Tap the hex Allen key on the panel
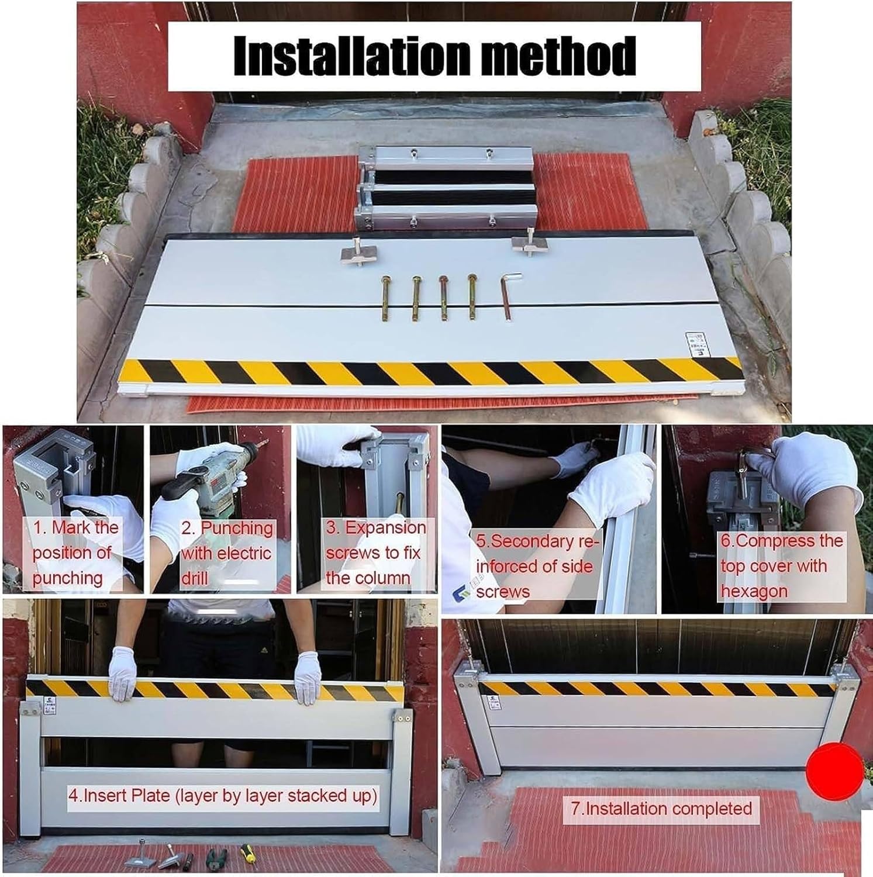pos(509,297)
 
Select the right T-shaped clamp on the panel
pos(528,246)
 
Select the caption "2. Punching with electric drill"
pos(227,553)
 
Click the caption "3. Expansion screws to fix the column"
pos(374,553)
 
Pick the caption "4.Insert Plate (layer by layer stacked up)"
pos(222,796)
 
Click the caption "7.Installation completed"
pos(661,809)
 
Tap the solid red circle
pos(835,772)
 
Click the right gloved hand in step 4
pos(308,677)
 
